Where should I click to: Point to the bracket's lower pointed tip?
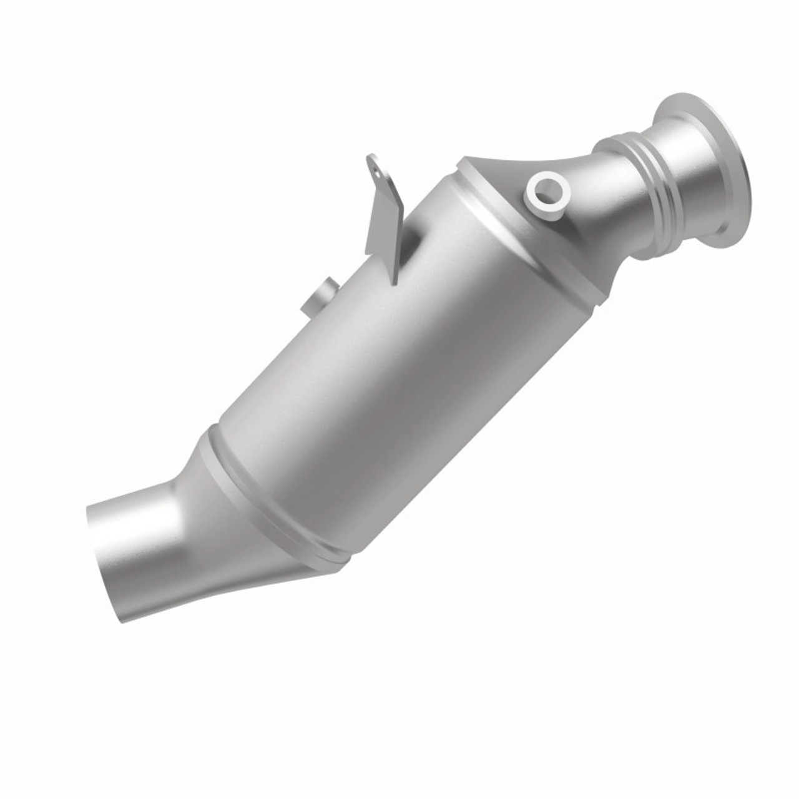coord(394,282)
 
